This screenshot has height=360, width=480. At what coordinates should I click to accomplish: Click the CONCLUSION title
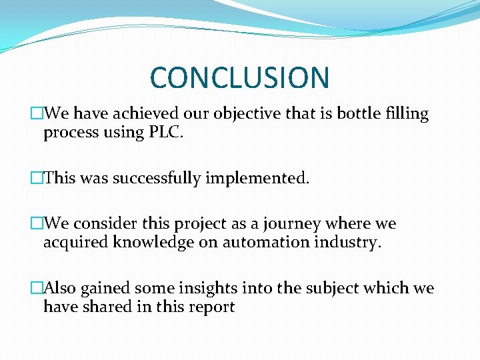point(239,77)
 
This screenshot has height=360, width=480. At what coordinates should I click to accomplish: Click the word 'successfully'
point(156,179)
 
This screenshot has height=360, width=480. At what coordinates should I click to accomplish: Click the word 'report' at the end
point(212,307)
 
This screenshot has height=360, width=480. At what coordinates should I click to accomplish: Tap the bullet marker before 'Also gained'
point(36,289)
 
